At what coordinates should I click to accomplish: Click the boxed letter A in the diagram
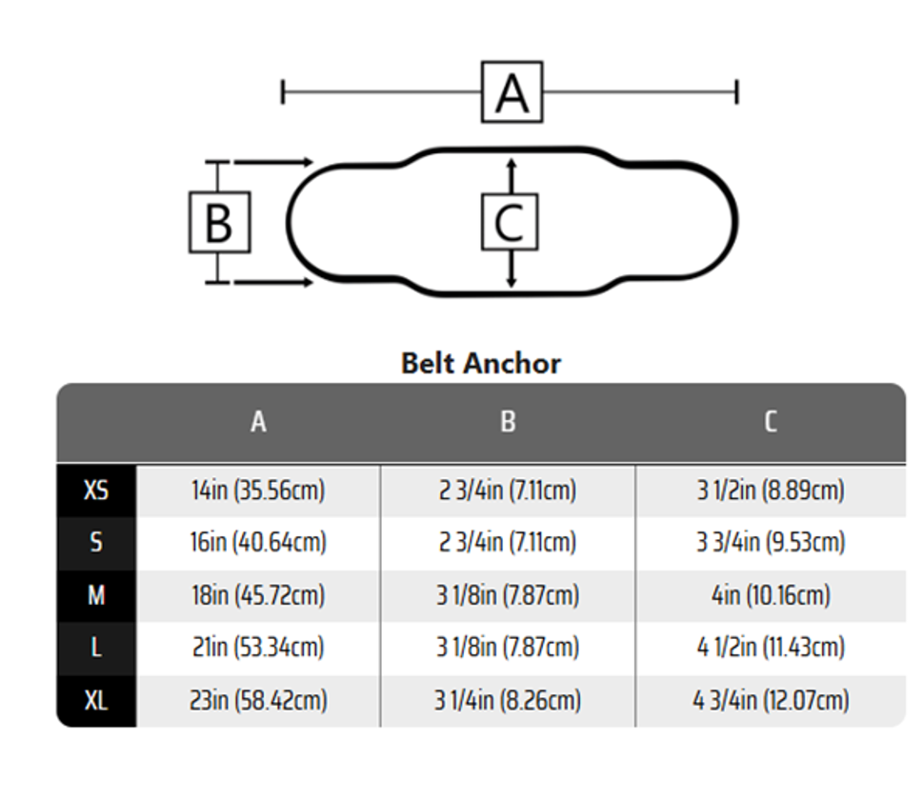512,91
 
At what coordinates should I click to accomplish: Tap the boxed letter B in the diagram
220,222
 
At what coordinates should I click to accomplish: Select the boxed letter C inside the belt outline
510,222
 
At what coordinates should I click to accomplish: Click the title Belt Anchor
480,363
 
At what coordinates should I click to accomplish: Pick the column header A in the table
258,422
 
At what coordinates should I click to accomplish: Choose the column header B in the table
508,422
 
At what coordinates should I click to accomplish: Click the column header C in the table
771,422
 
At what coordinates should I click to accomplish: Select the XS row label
96,490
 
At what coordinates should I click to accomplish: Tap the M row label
96,595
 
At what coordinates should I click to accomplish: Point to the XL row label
96,701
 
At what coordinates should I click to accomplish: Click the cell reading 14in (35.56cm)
258,490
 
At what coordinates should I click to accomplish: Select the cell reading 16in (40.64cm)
258,542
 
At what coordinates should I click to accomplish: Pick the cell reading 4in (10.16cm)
771,595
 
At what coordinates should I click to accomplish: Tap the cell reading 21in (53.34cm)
258,648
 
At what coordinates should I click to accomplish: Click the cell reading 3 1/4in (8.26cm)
508,701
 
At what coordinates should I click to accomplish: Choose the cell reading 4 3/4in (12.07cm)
771,701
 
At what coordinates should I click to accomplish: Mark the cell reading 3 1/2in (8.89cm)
771,490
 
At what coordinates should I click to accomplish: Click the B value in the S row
508,542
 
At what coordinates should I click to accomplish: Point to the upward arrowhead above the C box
511,164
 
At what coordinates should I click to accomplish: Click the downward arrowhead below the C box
511,282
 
